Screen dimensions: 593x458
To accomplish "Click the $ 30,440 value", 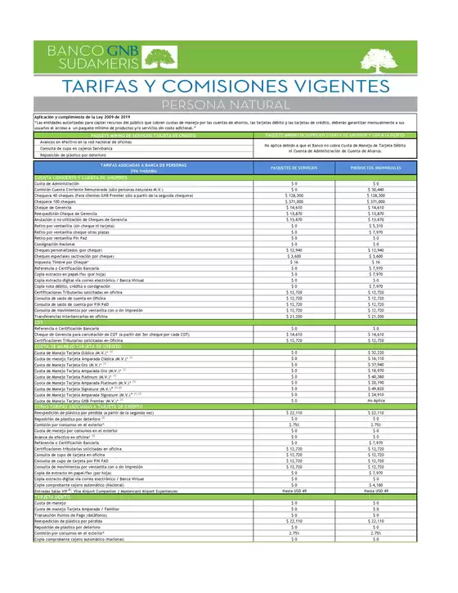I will click(377, 190).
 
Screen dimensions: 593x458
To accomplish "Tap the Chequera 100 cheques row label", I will click(60, 202).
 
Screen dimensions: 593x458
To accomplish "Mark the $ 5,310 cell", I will click(377, 225).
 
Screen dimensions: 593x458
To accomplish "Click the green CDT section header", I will click(40, 321).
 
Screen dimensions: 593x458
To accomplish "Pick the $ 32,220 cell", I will click(377, 352).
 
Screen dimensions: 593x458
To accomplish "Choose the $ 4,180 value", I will click(377, 484).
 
